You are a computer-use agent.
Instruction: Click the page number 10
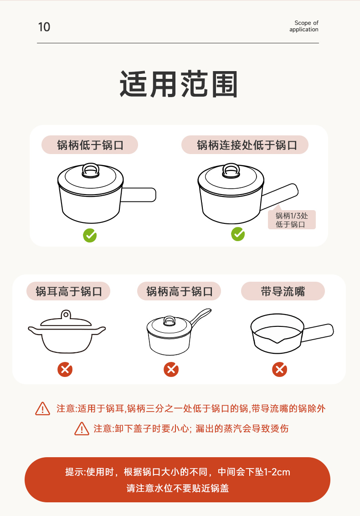pyautogui.click(x=44, y=27)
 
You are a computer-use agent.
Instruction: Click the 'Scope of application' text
pyautogui.click(x=304, y=26)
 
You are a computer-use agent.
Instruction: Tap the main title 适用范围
pyautogui.click(x=179, y=84)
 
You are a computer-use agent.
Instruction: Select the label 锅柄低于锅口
pyautogui.click(x=90, y=145)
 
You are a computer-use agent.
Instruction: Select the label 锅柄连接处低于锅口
pyautogui.click(x=247, y=145)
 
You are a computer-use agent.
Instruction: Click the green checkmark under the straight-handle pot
pyautogui.click(x=90, y=235)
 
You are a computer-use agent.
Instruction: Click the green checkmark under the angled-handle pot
pyautogui.click(x=238, y=234)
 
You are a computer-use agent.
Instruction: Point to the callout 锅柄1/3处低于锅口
pyautogui.click(x=292, y=220)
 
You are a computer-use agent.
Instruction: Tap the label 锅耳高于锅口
pyautogui.click(x=68, y=291)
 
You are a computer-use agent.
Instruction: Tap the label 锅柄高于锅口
pyautogui.click(x=180, y=291)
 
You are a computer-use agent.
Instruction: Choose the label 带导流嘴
pyautogui.click(x=283, y=291)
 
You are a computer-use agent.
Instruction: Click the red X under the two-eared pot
pyautogui.click(x=65, y=369)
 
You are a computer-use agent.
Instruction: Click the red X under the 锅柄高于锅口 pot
pyautogui.click(x=171, y=369)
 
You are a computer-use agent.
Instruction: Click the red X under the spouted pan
pyautogui.click(x=280, y=369)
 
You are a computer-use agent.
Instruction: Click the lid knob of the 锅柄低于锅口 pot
pyautogui.click(x=91, y=170)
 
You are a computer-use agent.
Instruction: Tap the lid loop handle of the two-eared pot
pyautogui.click(x=66, y=315)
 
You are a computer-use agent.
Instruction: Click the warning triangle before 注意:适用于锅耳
pyautogui.click(x=43, y=409)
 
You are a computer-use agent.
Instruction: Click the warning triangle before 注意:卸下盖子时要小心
pyautogui.click(x=82, y=428)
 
